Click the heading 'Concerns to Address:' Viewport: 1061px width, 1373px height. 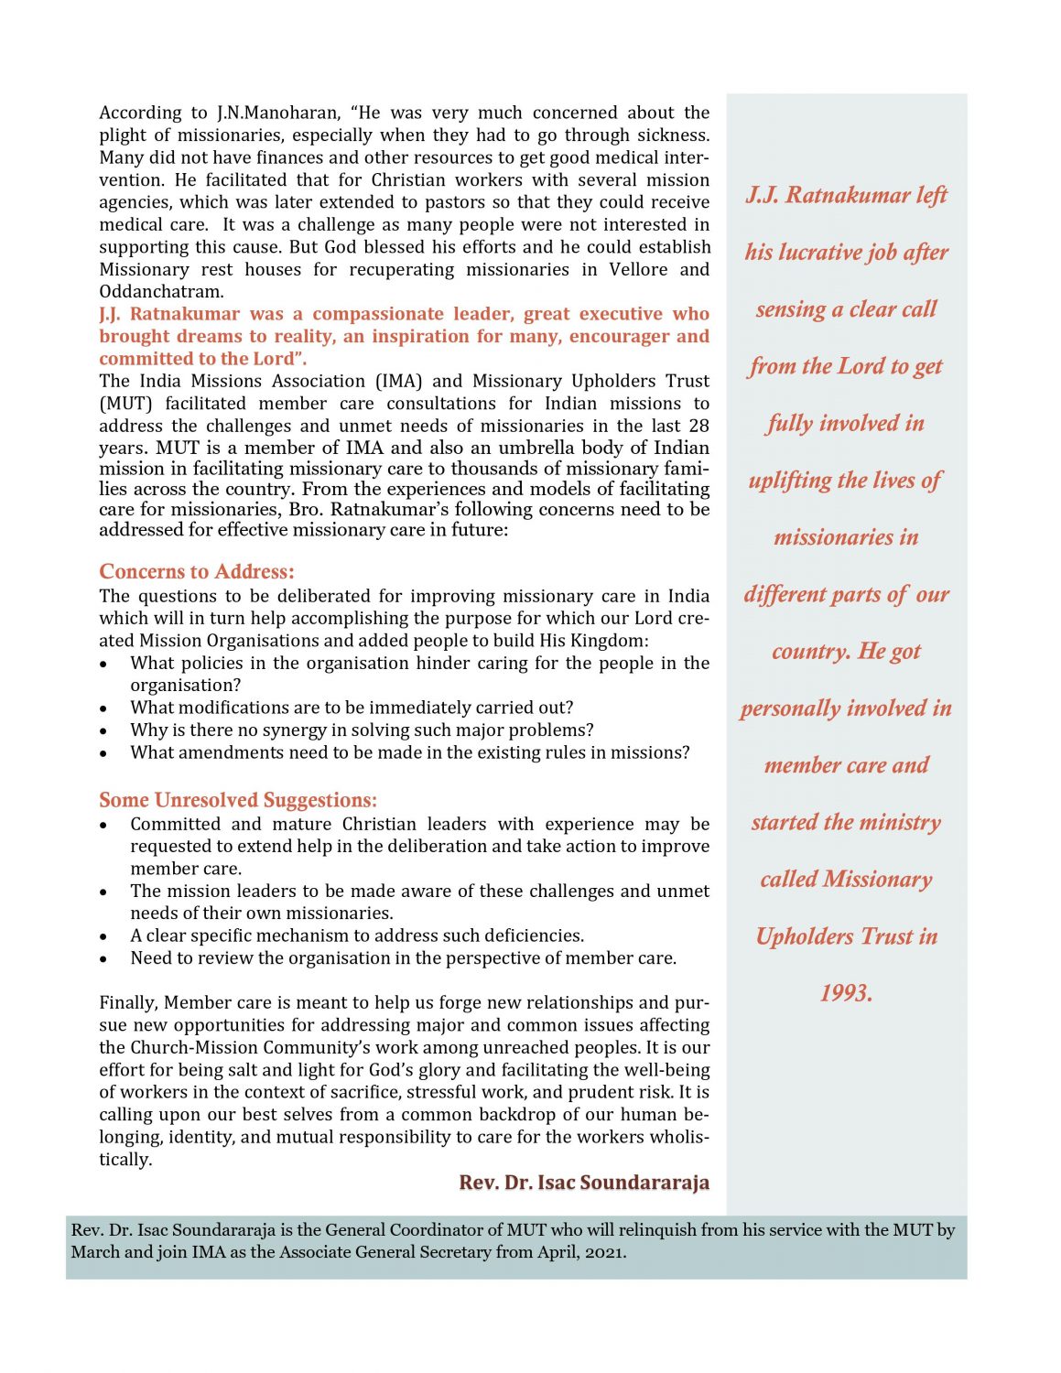[x=197, y=572]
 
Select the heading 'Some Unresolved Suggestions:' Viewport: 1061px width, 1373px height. [x=238, y=800]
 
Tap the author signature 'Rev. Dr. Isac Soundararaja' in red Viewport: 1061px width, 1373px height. [x=584, y=1183]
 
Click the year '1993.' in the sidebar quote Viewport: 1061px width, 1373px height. [x=846, y=993]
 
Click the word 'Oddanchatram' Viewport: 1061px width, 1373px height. [x=160, y=292]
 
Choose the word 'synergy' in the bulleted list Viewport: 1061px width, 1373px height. [x=294, y=730]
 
